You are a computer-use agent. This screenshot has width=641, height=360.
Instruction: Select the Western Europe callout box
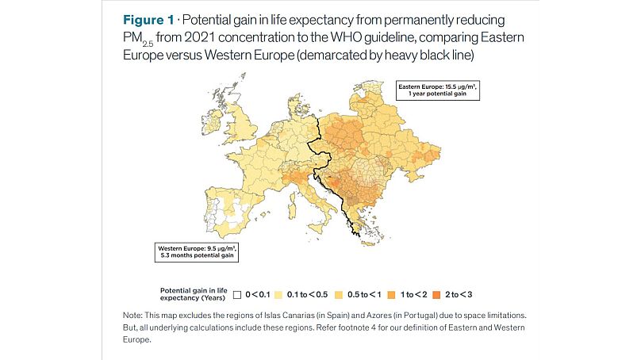[x=195, y=253]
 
